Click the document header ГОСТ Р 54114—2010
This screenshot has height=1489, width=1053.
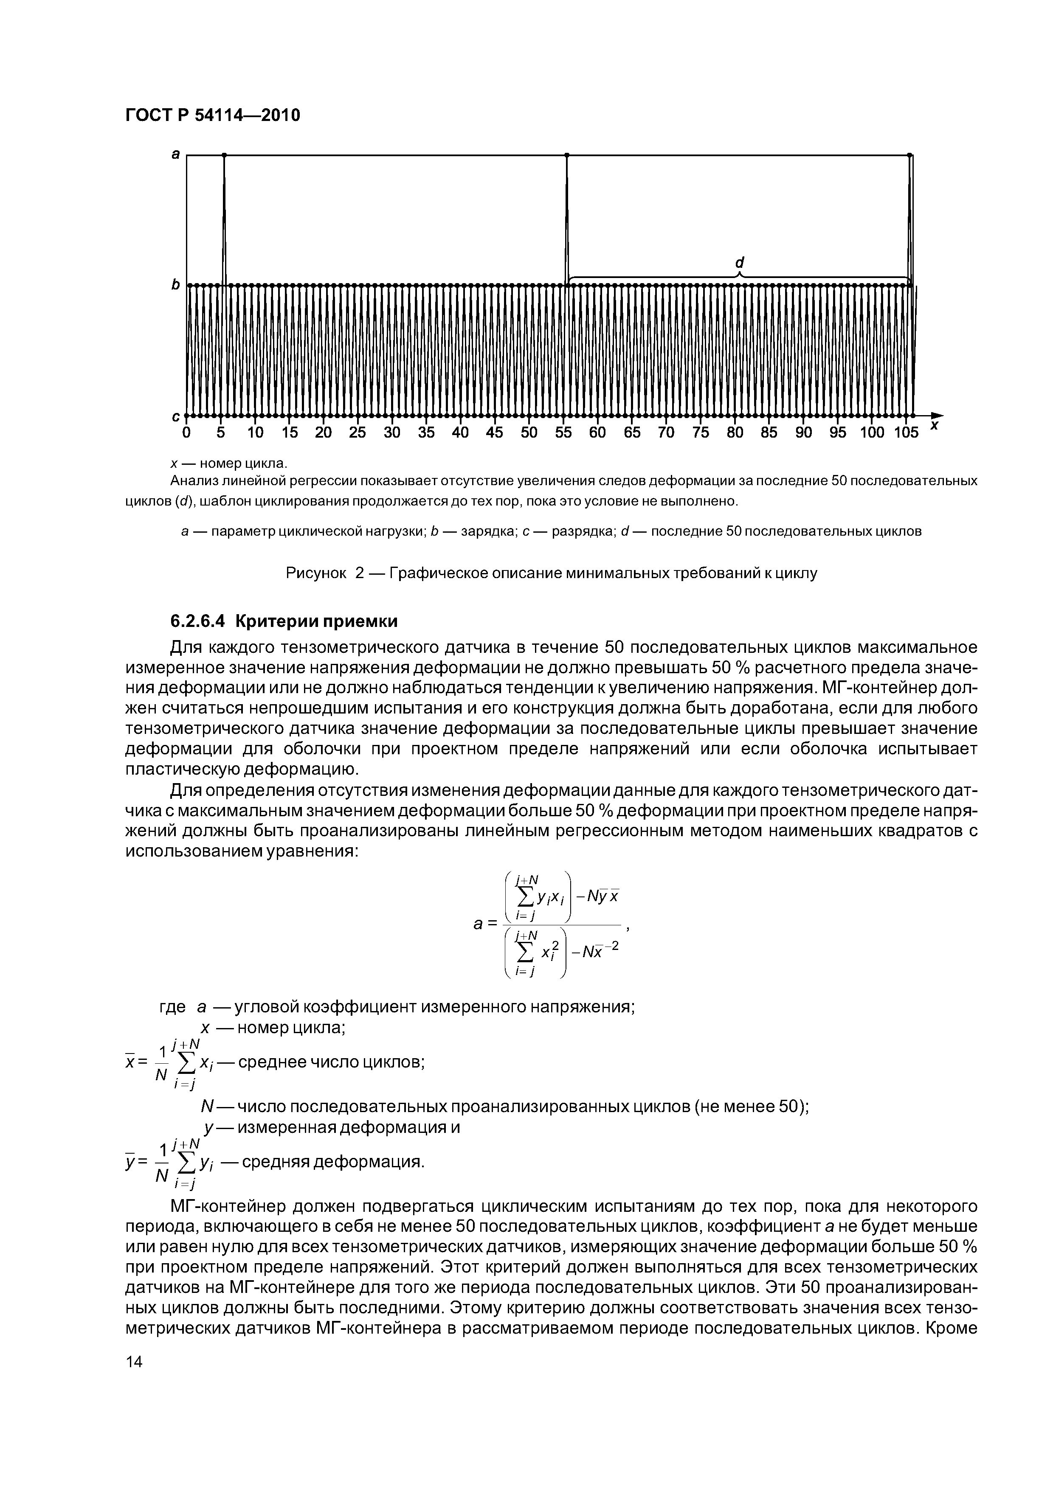point(212,115)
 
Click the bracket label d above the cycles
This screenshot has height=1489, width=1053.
point(739,263)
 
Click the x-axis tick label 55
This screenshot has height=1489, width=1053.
point(563,433)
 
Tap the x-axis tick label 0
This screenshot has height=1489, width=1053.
point(186,433)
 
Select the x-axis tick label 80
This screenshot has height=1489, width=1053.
point(735,433)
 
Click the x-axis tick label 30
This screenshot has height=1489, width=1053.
point(392,433)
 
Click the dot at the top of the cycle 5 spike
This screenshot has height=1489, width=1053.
point(224,155)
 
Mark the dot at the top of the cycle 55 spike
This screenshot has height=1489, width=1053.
point(566,155)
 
